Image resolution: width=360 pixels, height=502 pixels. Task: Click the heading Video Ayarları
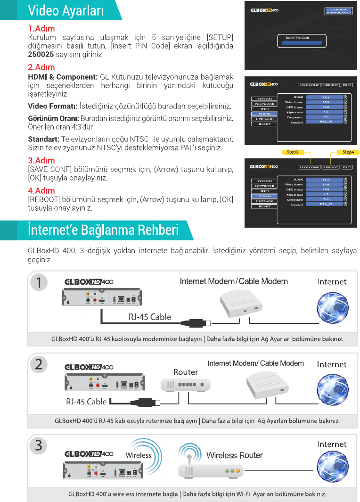pos(66,10)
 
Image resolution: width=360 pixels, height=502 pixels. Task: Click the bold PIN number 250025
pos(41,55)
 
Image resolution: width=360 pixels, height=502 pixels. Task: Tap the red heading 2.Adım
pos(41,67)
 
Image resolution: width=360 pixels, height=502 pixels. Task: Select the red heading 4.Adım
pos(41,190)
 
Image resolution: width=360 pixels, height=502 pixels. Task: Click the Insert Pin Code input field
pos(300,44)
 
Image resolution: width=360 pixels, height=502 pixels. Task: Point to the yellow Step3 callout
pos(293,152)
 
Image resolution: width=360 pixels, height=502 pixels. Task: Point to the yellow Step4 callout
pos(348,152)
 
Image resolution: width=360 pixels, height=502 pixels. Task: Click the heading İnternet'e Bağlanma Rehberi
pos(103,230)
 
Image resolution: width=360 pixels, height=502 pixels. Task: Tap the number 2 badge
pos(39,363)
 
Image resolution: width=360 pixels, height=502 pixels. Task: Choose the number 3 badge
pos(39,444)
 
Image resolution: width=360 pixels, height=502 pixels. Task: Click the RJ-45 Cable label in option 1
pos(150,317)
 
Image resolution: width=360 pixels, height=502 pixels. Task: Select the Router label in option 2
pos(186,372)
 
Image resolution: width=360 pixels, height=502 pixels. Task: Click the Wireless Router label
pos(234,455)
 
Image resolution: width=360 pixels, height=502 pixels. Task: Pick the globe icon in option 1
pos(332,307)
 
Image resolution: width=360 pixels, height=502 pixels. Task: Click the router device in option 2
pos(186,385)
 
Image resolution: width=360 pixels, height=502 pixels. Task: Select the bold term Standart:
pos(43,140)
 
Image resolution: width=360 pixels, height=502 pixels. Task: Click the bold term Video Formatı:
pos(52,106)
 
